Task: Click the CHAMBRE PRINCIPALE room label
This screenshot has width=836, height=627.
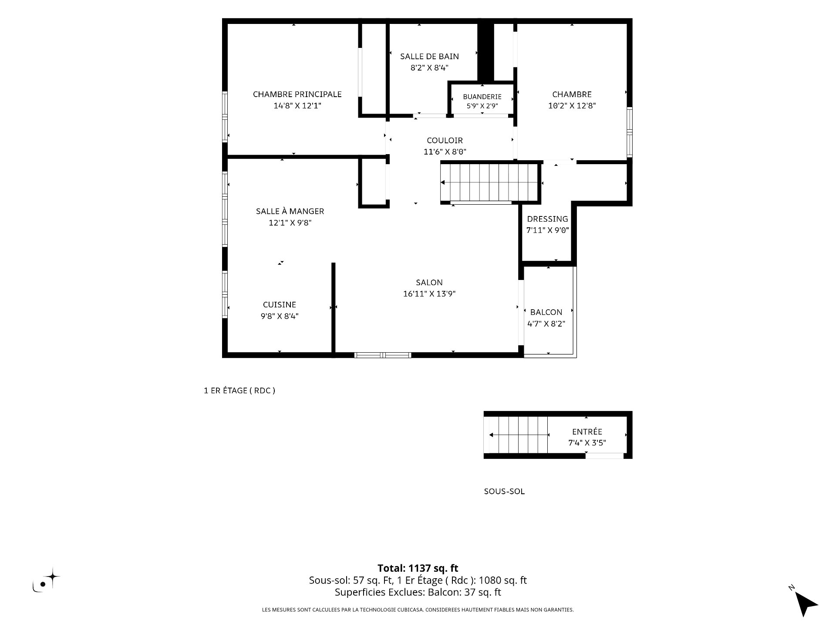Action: point(297,94)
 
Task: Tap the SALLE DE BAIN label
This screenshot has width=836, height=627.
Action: point(429,56)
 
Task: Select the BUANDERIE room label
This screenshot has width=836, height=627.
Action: point(482,97)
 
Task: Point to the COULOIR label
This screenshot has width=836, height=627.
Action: point(445,140)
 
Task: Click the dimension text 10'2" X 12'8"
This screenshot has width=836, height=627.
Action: point(572,105)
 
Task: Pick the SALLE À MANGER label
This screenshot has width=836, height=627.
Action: point(290,211)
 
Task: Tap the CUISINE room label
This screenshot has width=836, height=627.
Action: point(280,305)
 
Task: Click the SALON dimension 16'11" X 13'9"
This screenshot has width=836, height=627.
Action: point(429,293)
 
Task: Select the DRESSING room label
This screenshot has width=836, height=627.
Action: point(547,219)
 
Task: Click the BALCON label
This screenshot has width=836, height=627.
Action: point(546,312)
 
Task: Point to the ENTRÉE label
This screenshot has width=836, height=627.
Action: point(587,431)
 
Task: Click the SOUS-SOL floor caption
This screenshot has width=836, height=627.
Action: point(504,492)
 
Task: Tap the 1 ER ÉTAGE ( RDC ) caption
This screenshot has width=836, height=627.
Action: point(239,391)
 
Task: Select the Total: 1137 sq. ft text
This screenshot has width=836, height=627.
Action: point(418,568)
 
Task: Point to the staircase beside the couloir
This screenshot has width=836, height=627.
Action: point(490,182)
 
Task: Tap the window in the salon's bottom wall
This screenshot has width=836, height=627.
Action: point(383,355)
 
